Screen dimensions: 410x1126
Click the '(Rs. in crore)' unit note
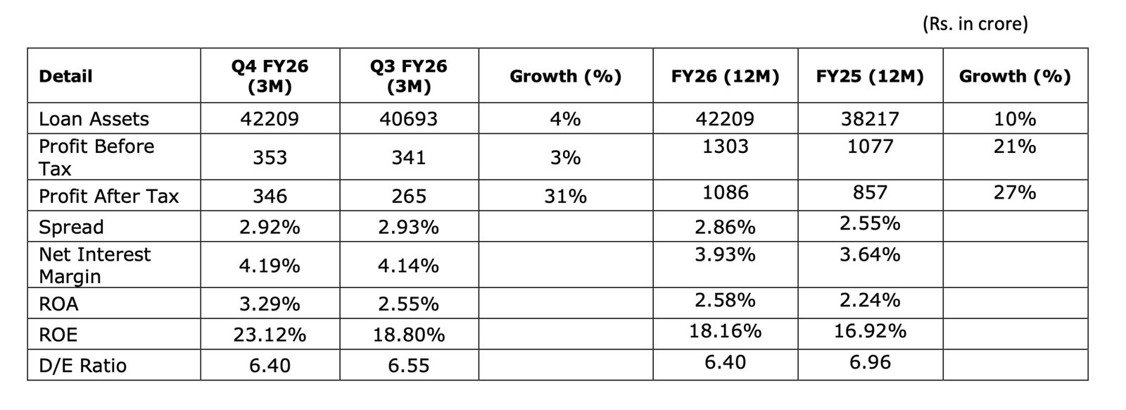(975, 24)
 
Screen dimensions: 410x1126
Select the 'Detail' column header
(65, 76)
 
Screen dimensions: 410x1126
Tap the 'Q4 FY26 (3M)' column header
(270, 76)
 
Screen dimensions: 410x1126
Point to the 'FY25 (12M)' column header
(870, 76)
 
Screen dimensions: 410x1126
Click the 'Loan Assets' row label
(94, 119)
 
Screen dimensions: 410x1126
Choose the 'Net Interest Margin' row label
(94, 265)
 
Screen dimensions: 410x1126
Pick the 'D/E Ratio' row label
(82, 366)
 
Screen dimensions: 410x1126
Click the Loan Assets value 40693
(408, 119)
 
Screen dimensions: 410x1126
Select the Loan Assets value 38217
(870, 119)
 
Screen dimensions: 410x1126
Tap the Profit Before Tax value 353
(270, 157)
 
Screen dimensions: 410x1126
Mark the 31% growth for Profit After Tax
(565, 196)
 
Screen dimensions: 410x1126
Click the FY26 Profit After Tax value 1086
(725, 192)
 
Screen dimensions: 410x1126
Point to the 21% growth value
(1014, 147)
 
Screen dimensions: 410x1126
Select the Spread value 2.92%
(270, 227)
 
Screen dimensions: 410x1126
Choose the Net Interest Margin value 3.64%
(870, 254)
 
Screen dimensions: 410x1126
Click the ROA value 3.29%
(270, 304)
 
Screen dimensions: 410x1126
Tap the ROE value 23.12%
(270, 335)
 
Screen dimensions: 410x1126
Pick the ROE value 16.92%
(870, 330)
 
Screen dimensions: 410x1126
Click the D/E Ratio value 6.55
(408, 366)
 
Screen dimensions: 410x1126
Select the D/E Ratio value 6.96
(870, 362)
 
